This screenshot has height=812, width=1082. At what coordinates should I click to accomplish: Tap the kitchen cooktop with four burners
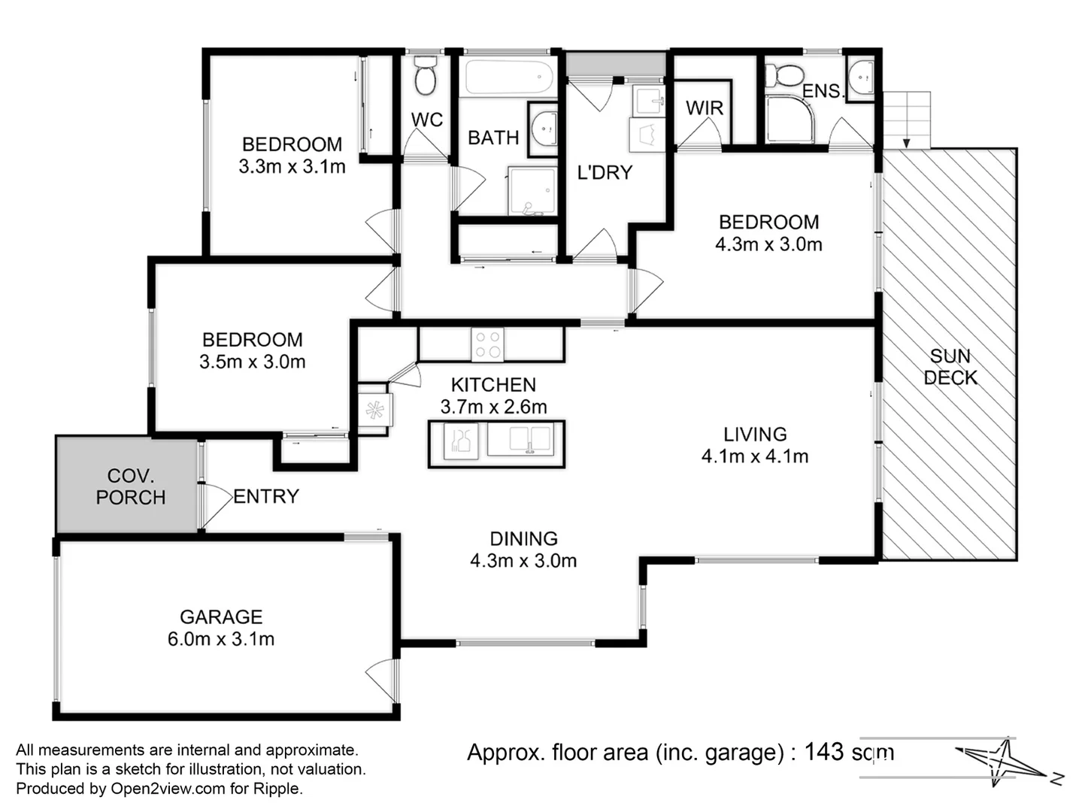click(487, 344)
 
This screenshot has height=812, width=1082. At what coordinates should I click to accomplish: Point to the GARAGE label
click(221, 617)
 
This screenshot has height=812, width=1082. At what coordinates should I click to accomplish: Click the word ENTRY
click(266, 496)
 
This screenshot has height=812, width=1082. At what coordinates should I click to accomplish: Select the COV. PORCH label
click(130, 486)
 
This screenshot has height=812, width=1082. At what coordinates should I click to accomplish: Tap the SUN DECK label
click(950, 367)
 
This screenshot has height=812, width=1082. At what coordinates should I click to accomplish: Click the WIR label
click(704, 108)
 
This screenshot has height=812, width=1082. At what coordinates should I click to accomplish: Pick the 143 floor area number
click(824, 752)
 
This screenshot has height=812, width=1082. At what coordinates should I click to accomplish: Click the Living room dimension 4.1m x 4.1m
click(754, 456)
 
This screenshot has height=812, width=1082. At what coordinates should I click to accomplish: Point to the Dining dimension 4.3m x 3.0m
click(523, 561)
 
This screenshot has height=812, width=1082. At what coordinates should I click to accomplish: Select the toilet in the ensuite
click(785, 75)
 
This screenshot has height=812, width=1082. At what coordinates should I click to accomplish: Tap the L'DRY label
click(605, 173)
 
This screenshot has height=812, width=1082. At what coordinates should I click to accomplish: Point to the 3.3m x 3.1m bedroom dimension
click(292, 167)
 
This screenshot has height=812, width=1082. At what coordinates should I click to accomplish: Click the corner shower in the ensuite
click(790, 120)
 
